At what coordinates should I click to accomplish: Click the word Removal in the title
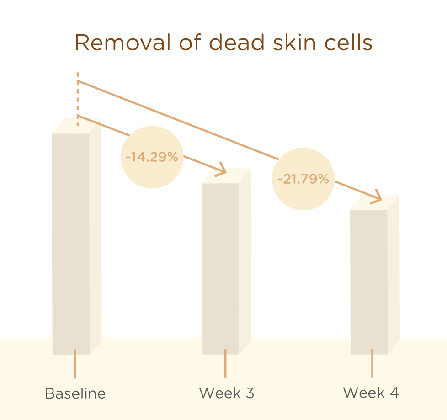pos(123,43)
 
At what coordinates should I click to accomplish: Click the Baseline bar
pos(77,236)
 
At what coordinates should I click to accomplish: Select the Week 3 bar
pos(226,261)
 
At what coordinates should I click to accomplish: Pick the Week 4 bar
pos(375,275)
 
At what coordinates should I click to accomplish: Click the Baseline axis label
pos(75,393)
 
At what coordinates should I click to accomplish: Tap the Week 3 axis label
pos(226,393)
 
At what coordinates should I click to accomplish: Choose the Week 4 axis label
pos(371,393)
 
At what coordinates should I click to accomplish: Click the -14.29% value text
pos(152,157)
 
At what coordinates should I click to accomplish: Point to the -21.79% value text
pos(303,179)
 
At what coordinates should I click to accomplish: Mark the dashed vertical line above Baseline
pos(78,99)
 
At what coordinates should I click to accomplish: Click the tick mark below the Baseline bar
pos(75,364)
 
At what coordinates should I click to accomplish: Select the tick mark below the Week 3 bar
pos(225,363)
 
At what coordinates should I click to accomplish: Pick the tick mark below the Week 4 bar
pos(372,363)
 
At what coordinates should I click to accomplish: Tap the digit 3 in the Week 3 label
pos(250,393)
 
